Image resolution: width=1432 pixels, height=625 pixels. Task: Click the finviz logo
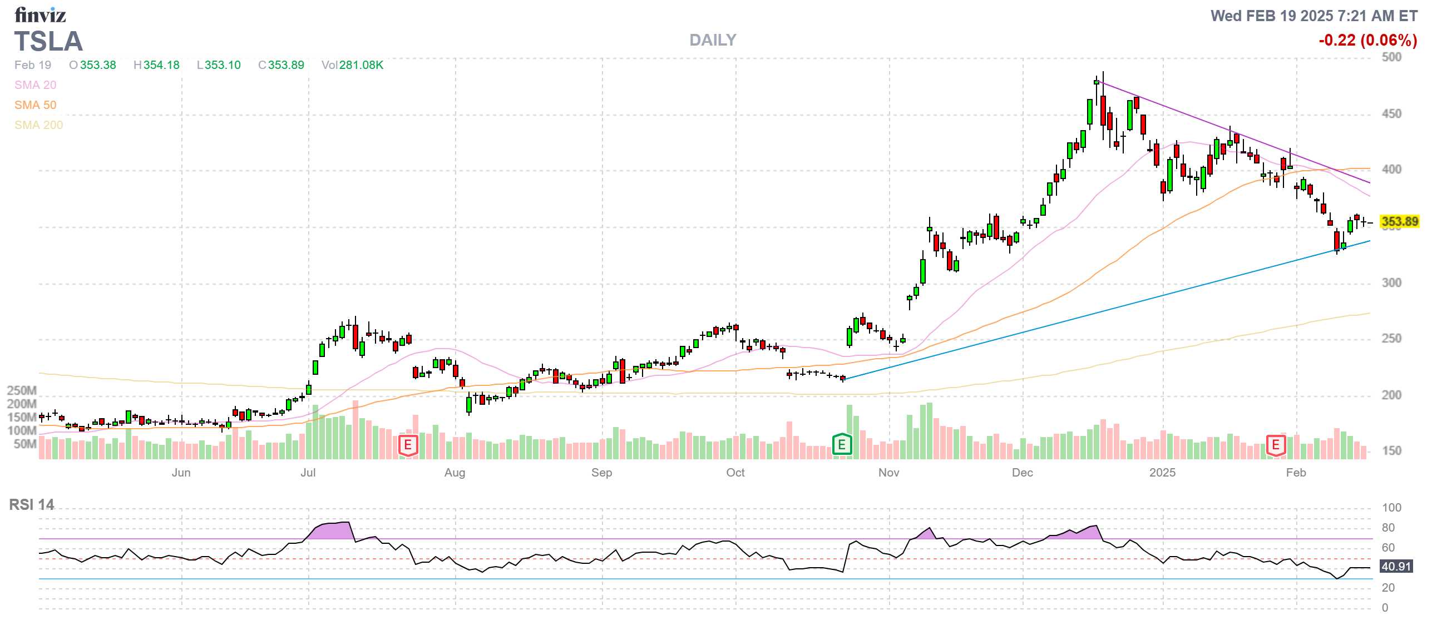click(x=40, y=14)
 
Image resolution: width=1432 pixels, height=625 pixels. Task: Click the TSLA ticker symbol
click(x=48, y=42)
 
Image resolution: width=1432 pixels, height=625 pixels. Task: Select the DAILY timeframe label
click(x=712, y=40)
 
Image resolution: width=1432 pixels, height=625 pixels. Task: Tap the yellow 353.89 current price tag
click(x=1399, y=221)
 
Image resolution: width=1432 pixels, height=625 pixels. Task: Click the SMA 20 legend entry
click(x=35, y=85)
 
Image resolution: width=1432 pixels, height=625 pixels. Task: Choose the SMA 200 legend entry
click(x=38, y=125)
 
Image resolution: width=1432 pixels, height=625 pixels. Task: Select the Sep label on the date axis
click(x=601, y=473)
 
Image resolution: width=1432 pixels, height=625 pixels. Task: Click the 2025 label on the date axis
click(x=1162, y=473)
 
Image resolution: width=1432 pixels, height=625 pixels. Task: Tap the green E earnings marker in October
click(x=841, y=445)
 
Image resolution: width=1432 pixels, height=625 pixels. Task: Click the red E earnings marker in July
click(x=408, y=445)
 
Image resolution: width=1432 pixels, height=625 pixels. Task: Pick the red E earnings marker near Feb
click(x=1276, y=445)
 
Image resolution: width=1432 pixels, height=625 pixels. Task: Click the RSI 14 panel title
click(x=32, y=504)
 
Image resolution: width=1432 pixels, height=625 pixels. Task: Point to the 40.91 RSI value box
click(x=1396, y=566)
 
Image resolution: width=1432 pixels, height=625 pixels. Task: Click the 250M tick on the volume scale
click(x=22, y=390)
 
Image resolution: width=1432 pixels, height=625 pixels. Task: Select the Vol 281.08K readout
click(x=352, y=65)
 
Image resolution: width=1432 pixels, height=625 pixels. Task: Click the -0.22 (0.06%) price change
click(x=1367, y=40)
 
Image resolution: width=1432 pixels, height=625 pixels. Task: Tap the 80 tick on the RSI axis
click(x=1388, y=527)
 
